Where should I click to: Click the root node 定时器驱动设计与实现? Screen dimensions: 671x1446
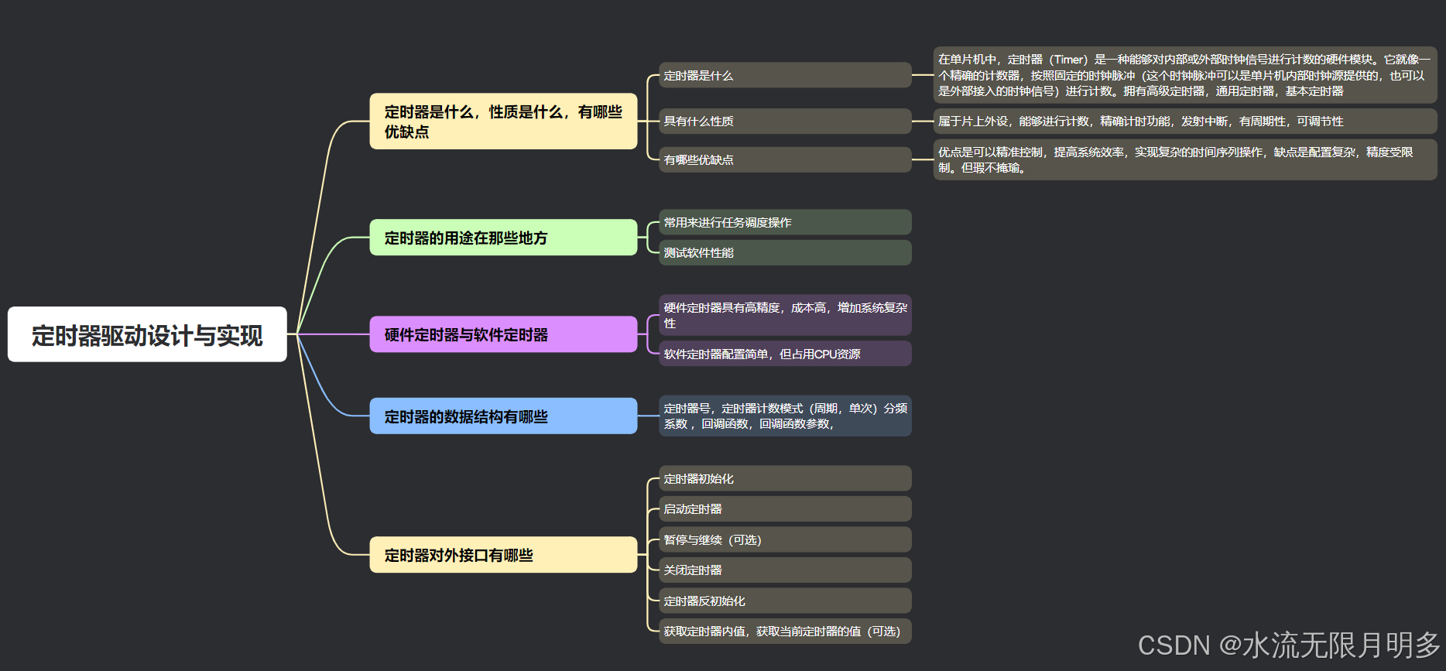(x=147, y=334)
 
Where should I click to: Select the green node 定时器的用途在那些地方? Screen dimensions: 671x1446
(x=503, y=238)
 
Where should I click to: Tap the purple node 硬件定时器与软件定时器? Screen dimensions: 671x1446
(x=503, y=334)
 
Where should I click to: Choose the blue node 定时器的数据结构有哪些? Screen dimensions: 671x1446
(x=503, y=416)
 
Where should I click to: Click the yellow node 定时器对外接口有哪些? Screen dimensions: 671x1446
(x=503, y=555)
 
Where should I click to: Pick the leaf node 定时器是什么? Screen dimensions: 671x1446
(x=784, y=75)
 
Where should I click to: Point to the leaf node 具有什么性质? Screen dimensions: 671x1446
(x=784, y=121)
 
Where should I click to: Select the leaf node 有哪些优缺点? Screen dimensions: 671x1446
(x=784, y=159)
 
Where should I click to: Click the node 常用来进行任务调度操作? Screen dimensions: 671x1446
(x=784, y=222)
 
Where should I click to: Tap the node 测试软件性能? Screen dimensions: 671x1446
(x=784, y=252)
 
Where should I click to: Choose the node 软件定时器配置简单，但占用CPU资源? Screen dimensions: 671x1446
(x=784, y=354)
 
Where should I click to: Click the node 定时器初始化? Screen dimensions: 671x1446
(x=784, y=478)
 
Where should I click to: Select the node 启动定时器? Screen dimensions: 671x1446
(x=784, y=508)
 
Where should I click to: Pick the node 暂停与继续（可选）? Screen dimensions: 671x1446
(x=784, y=539)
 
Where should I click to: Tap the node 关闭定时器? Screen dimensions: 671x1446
(x=784, y=570)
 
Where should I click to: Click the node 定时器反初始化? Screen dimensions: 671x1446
(x=784, y=601)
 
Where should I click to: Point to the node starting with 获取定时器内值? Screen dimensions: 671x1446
(x=784, y=631)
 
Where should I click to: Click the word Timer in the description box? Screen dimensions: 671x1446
(x=1069, y=60)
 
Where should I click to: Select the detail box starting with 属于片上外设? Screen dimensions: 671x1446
(x=1184, y=121)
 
